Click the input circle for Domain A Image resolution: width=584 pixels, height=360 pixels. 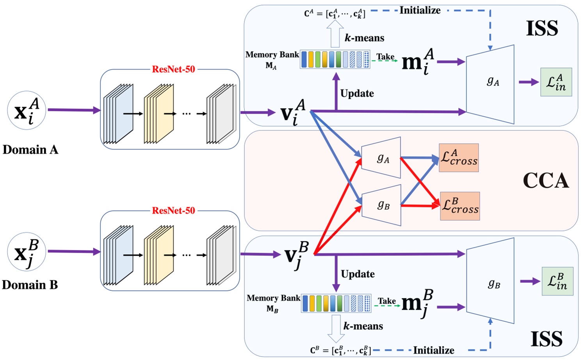tap(27, 110)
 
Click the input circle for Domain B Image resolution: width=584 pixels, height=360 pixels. tap(27, 252)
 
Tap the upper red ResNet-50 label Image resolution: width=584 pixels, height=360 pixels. tap(173, 70)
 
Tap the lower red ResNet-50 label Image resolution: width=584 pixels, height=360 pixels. tap(173, 211)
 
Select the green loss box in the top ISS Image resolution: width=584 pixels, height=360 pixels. tap(556, 82)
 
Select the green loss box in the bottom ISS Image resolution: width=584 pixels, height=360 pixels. tap(557, 281)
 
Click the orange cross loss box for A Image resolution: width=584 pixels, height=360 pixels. tap(459, 158)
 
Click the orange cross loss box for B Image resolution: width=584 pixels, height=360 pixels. tap(460, 206)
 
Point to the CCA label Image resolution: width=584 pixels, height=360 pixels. tap(545, 181)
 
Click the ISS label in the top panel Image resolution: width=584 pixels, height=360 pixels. tap(542, 29)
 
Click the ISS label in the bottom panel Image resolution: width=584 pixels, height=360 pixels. tap(547, 339)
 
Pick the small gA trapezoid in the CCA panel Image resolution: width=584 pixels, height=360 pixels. tap(381, 158)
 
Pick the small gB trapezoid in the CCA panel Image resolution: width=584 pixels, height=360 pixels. tap(382, 205)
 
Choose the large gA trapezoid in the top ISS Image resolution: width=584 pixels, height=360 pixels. tap(491, 84)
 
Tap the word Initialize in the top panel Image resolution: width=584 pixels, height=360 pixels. tap(420, 11)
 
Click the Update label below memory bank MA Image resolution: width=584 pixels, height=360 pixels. tap(357, 94)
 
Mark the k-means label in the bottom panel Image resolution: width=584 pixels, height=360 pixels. tap(363, 326)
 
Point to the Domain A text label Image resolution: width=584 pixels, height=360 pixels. tap(30, 150)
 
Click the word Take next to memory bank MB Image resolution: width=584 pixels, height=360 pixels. tap(386, 301)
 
